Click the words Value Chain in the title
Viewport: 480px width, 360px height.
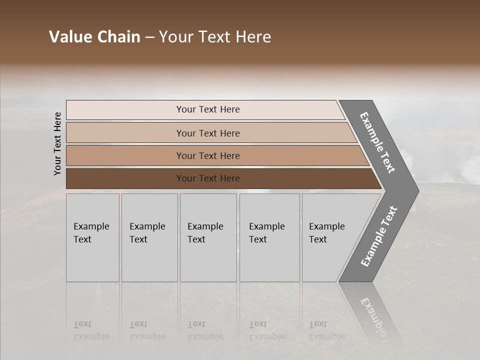(x=94, y=37)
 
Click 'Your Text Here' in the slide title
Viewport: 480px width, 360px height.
(x=215, y=37)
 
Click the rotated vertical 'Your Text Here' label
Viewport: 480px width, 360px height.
(x=57, y=143)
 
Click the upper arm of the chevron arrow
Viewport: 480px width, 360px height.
(x=378, y=143)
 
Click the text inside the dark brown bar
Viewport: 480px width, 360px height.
(x=208, y=178)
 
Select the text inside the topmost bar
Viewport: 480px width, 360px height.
(x=208, y=109)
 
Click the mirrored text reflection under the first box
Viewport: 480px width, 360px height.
(x=91, y=330)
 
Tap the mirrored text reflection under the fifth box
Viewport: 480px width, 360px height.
(x=326, y=330)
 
